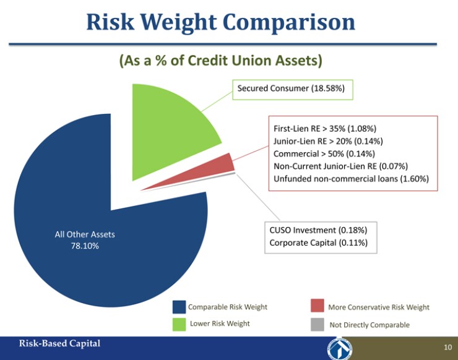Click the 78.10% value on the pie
pyautogui.click(x=84, y=246)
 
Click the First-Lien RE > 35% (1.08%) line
pyautogui.click(x=324, y=129)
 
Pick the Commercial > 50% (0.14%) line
pyautogui.click(x=324, y=153)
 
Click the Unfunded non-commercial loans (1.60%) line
pyautogui.click(x=351, y=179)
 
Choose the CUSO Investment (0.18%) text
pyautogui.click(x=318, y=230)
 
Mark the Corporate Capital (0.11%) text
pyautogui.click(x=318, y=242)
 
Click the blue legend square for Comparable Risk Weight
pyautogui.click(x=179, y=307)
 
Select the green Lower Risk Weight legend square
pyautogui.click(x=179, y=324)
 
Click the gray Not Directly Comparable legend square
pyautogui.click(x=318, y=324)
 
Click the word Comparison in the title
pyautogui.click(x=288, y=22)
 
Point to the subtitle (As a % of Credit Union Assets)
pyautogui.click(x=220, y=61)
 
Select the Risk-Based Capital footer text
pyautogui.click(x=59, y=343)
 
